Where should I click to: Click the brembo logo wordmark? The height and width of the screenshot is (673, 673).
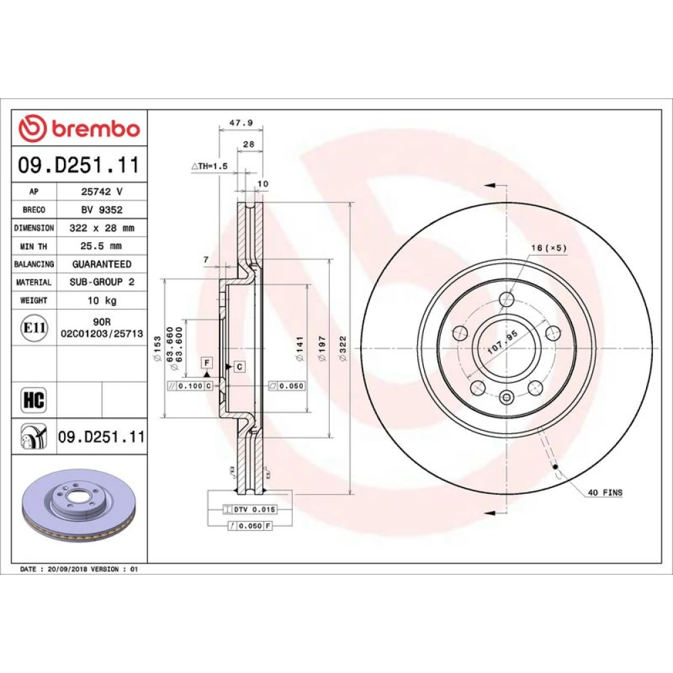coord(96,129)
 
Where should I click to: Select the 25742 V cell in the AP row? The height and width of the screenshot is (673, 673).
coord(102,191)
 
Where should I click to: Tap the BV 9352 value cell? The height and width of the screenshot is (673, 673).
coord(102,209)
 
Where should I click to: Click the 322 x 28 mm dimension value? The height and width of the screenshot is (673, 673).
coord(102,228)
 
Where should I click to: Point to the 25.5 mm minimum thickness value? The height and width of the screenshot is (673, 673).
coord(101,246)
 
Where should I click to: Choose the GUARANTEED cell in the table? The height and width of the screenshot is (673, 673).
coord(102,264)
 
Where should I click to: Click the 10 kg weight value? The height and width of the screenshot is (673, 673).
coord(102,300)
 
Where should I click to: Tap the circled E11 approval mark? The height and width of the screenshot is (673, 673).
coord(34,328)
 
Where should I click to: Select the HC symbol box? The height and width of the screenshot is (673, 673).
coord(34,400)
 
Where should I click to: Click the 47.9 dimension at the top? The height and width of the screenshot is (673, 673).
coord(241,122)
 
